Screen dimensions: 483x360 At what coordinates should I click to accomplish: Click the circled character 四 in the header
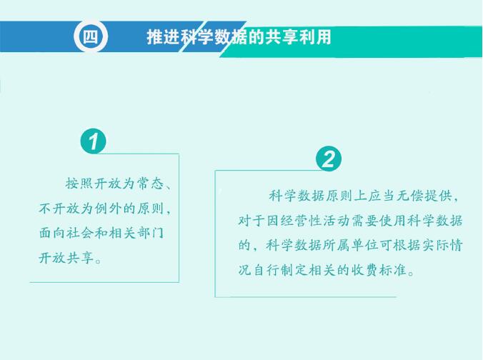91,37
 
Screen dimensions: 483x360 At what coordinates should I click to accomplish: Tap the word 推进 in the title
163,37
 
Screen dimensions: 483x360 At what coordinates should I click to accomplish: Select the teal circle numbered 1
94,141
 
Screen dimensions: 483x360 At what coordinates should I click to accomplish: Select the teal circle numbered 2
329,159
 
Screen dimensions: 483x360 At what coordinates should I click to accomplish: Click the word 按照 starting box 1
79,184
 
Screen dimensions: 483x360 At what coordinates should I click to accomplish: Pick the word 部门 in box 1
150,233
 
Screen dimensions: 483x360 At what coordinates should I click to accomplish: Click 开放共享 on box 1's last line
66,258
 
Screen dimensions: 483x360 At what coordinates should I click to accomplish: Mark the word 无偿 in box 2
409,196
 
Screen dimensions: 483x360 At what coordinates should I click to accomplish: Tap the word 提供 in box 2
438,196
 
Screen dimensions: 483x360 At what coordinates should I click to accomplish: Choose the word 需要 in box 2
364,221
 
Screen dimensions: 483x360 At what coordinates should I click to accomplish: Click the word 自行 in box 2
266,271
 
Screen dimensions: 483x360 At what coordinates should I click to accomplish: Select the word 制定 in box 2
294,271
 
